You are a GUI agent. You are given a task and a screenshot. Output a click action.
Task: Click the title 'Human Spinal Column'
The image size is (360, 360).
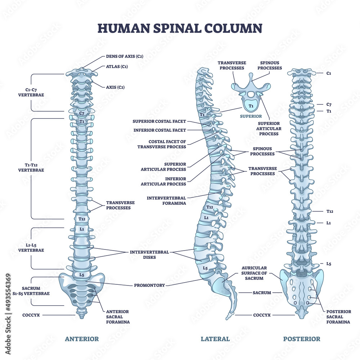tap(180, 28)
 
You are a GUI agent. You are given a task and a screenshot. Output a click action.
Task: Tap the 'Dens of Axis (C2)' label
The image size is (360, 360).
tap(125, 56)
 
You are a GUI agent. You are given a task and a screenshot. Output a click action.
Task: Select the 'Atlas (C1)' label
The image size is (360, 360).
tap(117, 66)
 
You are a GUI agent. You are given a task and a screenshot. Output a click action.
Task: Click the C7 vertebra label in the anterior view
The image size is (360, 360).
tap(82, 113)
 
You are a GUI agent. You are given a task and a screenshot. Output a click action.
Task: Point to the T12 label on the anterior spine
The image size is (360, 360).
tap(81, 219)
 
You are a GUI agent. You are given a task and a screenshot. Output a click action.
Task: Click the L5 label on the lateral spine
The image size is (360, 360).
tap(205, 268)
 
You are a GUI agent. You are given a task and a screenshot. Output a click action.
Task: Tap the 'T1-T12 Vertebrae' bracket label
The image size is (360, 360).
tap(31, 167)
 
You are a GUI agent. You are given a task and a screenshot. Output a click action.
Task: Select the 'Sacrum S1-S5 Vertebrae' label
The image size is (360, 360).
tap(35, 291)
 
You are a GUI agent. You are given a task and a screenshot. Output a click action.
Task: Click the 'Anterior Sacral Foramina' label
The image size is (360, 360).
tap(117, 317)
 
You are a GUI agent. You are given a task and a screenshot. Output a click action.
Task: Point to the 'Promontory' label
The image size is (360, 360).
tap(149, 285)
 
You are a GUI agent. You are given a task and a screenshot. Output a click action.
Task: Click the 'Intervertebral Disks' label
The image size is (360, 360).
tap(149, 255)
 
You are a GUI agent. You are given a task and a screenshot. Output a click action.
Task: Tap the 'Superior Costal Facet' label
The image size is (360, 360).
tap(159, 121)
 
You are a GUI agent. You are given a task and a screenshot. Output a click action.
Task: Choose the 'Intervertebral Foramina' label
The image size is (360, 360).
tap(166, 201)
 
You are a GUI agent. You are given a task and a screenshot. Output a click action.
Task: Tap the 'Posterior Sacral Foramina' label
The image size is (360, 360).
tap(338, 317)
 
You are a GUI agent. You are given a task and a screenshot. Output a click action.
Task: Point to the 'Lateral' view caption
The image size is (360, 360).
tap(215, 339)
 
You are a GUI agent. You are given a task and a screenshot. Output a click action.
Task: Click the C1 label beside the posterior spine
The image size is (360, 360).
tap(329, 73)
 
